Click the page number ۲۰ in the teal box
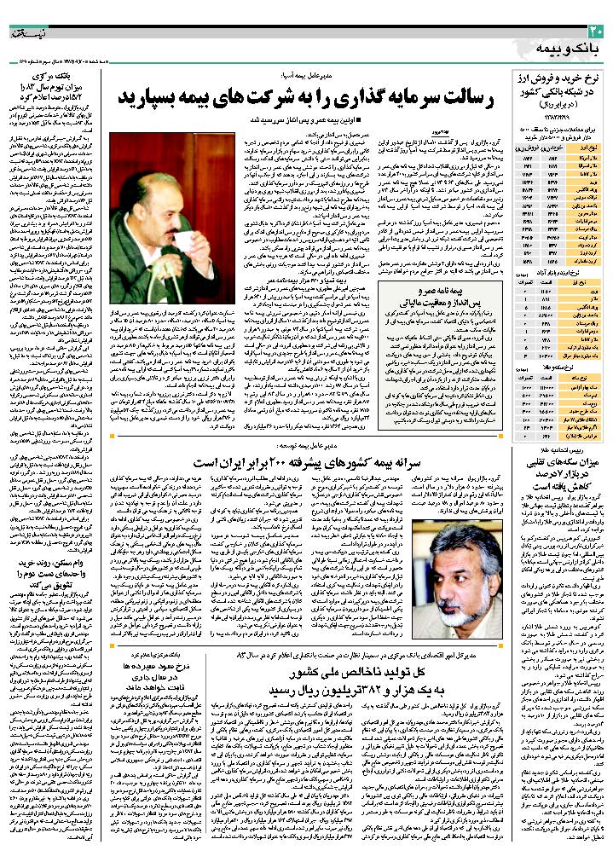click(595, 31)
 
